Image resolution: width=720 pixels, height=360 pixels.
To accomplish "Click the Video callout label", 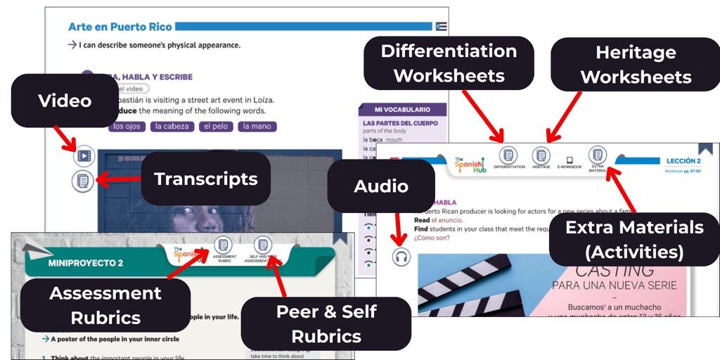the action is pyautogui.click(x=65, y=101).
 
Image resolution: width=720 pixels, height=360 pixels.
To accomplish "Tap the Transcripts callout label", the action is pyautogui.click(x=205, y=179).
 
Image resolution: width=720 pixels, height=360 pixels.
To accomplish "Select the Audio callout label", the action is pyautogui.click(x=380, y=186).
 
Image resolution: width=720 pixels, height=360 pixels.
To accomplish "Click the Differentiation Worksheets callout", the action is pyautogui.click(x=449, y=63).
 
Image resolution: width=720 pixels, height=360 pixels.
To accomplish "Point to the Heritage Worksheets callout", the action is pyautogui.click(x=636, y=64).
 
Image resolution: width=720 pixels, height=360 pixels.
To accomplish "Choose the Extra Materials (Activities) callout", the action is pyautogui.click(x=634, y=239).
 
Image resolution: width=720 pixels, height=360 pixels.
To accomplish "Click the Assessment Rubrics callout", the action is pyautogui.click(x=105, y=305).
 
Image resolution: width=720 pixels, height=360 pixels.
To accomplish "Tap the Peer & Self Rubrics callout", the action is pyautogui.click(x=326, y=323).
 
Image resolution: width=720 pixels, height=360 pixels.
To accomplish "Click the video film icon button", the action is pyautogui.click(x=84, y=155).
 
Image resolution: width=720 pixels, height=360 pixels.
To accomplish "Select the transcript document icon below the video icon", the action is pyautogui.click(x=83, y=181).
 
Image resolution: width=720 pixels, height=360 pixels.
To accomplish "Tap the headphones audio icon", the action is pyautogui.click(x=401, y=257).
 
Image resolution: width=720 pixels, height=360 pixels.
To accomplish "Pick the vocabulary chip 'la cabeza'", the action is pyautogui.click(x=172, y=127).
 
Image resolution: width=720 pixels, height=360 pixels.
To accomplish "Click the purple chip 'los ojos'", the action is pyautogui.click(x=127, y=127).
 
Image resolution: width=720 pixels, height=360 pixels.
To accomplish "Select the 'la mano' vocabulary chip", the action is pyautogui.click(x=257, y=127).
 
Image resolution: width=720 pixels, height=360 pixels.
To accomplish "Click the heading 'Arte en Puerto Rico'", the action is pyautogui.click(x=120, y=27).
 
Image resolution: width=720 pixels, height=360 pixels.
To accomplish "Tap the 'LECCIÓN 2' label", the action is pyautogui.click(x=683, y=161).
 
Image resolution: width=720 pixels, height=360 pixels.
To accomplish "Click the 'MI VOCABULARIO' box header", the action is pyautogui.click(x=402, y=110).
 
